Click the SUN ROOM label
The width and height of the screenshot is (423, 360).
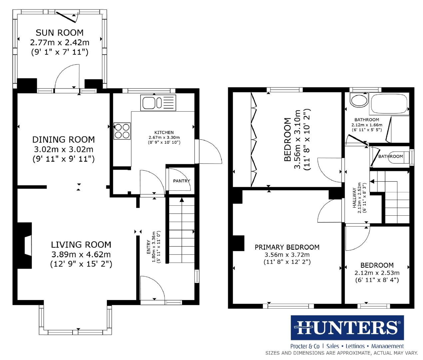[60, 33]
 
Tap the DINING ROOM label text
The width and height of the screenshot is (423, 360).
[63, 140]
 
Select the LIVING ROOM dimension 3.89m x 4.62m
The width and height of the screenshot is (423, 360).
[81, 255]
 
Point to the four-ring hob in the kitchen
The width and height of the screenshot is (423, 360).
[122, 131]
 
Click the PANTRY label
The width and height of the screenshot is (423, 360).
[181, 181]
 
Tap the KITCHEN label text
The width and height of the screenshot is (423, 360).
[164, 132]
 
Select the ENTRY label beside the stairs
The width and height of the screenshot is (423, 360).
[149, 247]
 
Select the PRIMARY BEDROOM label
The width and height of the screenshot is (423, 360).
[287, 247]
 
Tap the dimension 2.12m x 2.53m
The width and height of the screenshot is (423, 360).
[377, 273]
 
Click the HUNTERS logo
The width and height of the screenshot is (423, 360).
[347, 328]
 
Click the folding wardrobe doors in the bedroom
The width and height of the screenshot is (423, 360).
[253, 140]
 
